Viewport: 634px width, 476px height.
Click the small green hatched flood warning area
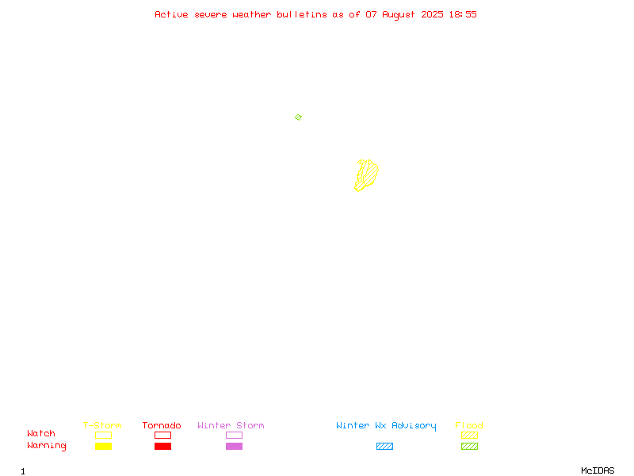(299, 117)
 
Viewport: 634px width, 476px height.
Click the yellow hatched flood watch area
(367, 175)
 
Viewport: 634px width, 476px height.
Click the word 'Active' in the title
(171, 14)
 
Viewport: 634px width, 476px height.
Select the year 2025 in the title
(432, 14)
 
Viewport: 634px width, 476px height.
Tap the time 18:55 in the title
(463, 14)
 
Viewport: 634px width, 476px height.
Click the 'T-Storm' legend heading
(102, 425)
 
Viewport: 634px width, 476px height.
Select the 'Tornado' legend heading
(162, 425)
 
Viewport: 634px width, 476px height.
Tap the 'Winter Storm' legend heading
(231, 425)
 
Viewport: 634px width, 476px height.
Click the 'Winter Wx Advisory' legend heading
(386, 426)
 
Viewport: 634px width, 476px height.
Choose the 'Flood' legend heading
(468, 425)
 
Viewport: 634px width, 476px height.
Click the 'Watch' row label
(41, 433)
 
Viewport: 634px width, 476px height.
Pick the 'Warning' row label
(47, 446)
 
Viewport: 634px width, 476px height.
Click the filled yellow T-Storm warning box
(104, 446)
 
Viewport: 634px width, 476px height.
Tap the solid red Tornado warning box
(163, 446)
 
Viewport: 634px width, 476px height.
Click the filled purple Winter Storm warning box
(234, 446)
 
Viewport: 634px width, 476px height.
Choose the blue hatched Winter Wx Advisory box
(384, 446)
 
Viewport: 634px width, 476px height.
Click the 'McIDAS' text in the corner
(598, 470)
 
